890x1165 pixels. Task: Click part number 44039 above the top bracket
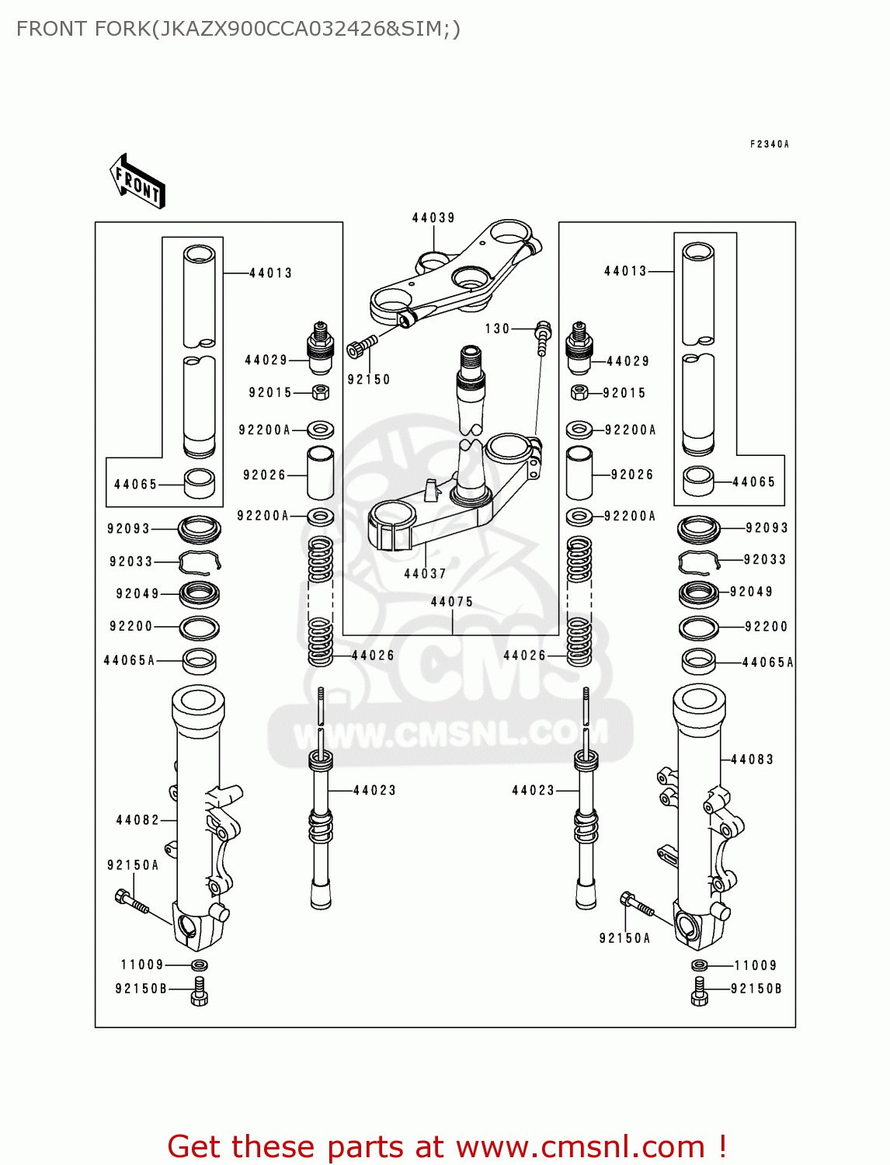pos(433,218)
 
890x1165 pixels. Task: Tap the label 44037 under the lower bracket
pos(425,574)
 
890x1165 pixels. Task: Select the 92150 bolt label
pos(368,380)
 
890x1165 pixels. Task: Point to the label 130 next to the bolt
pos(497,329)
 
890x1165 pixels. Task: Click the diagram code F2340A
pos(769,144)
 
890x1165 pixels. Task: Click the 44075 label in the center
pos(452,602)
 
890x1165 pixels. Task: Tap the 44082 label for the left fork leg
pos(137,820)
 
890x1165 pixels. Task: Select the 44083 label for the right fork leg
pos(752,760)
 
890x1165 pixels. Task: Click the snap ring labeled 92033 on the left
pos(200,562)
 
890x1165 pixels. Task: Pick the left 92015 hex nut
pos(320,392)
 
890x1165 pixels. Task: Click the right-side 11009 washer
pos(699,965)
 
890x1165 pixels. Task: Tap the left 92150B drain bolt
pos(199,992)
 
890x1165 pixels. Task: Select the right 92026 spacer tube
pos(579,473)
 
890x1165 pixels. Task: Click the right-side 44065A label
pos(767,662)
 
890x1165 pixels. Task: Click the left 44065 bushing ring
pos(200,483)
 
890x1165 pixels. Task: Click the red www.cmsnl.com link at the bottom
pos(580,1147)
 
